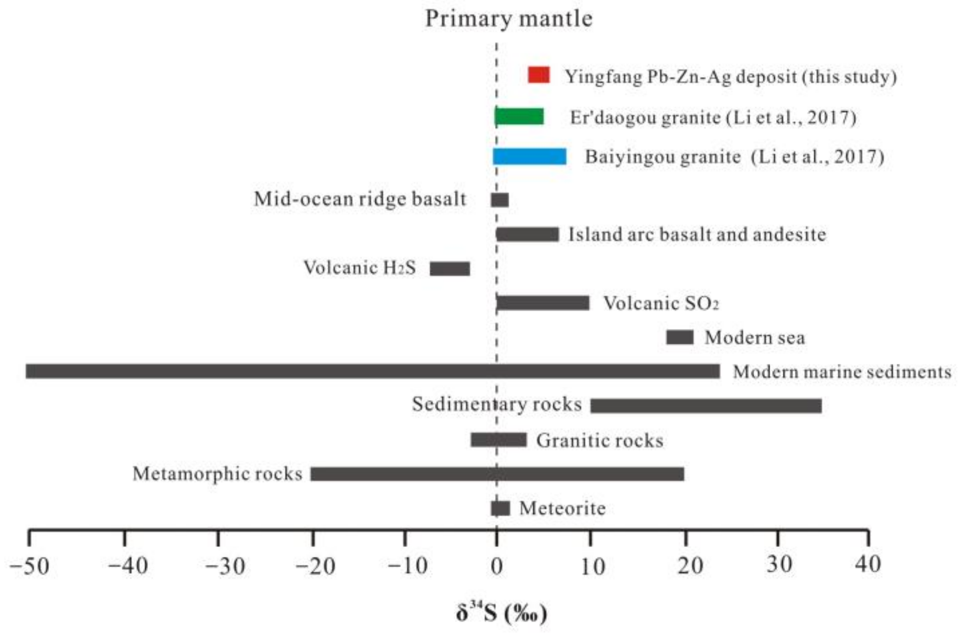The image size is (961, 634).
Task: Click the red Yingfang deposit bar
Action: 538,75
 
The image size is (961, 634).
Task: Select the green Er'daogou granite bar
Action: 519,117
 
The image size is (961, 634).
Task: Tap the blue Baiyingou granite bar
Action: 529,156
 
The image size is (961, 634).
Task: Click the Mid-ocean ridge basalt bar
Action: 499,200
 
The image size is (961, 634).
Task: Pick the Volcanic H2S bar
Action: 450,268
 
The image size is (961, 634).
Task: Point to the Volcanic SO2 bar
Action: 543,303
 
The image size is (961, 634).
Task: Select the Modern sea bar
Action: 679,337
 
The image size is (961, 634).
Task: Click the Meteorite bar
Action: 500,508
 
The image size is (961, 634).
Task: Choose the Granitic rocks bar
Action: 498,440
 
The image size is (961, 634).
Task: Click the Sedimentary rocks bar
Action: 706,406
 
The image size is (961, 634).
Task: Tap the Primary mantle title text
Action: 508,19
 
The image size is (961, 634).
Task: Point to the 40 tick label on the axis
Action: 867,564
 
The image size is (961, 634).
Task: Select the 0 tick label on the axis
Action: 496,566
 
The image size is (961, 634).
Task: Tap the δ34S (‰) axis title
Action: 501,613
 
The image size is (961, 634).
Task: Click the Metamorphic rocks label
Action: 217,473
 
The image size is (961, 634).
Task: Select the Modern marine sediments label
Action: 842,371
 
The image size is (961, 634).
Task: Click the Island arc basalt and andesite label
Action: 697,235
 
